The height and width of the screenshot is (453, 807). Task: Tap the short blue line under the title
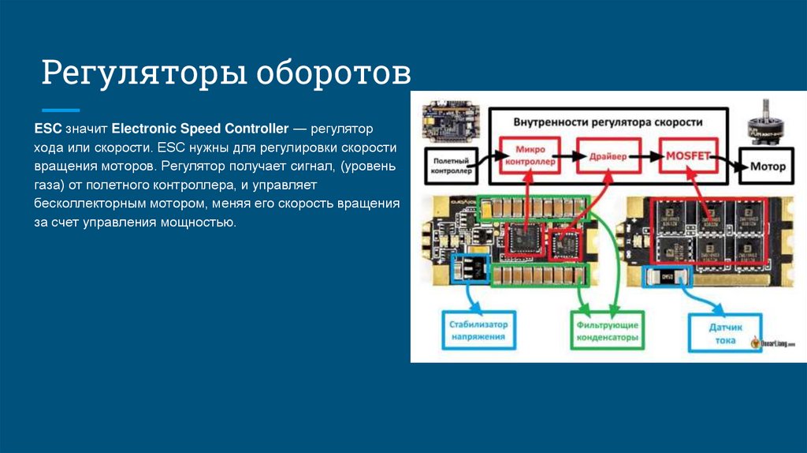click(61, 110)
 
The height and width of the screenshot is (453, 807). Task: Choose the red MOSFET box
click(687, 155)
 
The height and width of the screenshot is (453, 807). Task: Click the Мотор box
click(768, 167)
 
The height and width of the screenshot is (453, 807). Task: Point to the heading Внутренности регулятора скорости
click(608, 123)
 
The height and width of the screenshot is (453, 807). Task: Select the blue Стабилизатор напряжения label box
click(479, 330)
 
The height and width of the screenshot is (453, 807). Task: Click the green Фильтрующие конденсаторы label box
click(605, 330)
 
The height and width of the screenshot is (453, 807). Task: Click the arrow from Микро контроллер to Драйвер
click(567, 156)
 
